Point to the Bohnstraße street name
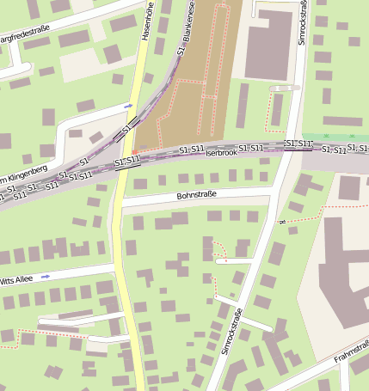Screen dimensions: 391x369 click(x=195, y=196)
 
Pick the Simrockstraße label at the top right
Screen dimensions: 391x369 click(x=303, y=21)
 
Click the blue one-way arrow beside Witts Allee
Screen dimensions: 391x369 click(x=46, y=277)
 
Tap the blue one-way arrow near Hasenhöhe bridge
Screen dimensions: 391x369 click(x=129, y=106)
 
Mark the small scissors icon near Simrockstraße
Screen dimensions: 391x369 click(x=281, y=222)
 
